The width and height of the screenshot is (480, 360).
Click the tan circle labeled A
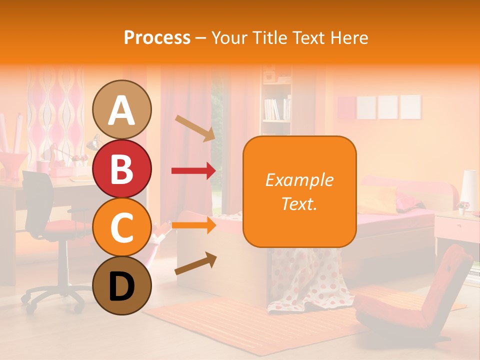pos(122,109)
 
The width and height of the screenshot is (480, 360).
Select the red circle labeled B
pos(122,168)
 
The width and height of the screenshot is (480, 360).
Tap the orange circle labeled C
pos(122,227)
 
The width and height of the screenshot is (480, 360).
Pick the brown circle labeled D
pos(122,285)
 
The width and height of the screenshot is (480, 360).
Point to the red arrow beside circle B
pos(193,171)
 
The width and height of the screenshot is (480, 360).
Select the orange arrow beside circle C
pos(193,225)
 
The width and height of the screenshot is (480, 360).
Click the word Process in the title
pos(157,38)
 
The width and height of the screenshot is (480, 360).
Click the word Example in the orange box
pos(299,180)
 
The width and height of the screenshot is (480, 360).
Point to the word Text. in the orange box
pos(299,203)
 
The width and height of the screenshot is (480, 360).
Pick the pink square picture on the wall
pos(346,107)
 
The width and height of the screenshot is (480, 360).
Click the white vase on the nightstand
pos(469,190)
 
